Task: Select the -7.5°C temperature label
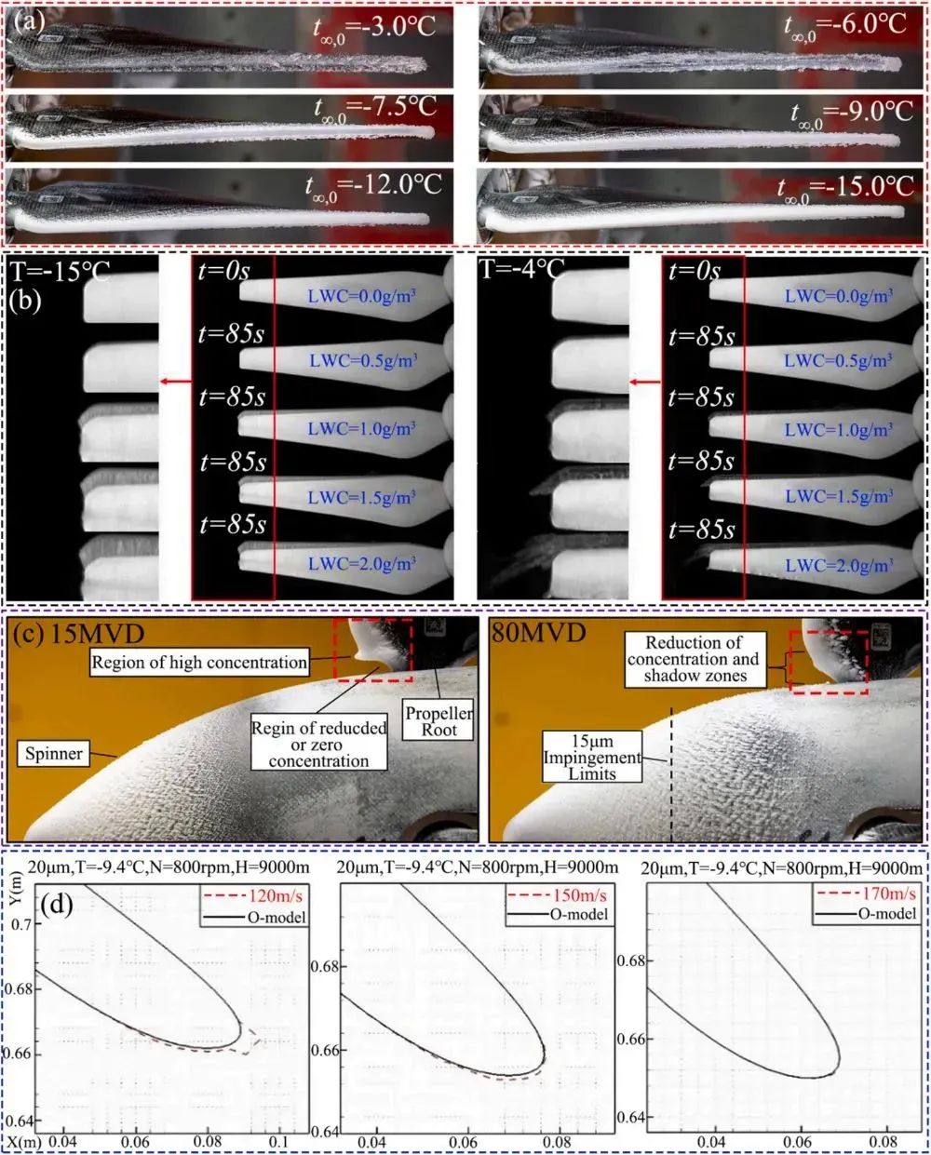pyautogui.click(x=376, y=110)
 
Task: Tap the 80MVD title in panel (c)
pyautogui.click(x=538, y=634)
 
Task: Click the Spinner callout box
pyautogui.click(x=54, y=754)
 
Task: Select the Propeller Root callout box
pyautogui.click(x=439, y=720)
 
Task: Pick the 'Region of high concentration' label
pyautogui.click(x=199, y=663)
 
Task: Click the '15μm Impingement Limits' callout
pyautogui.click(x=592, y=758)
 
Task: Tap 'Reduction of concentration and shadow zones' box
pyautogui.click(x=695, y=659)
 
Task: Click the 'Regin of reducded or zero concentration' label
pyautogui.click(x=319, y=745)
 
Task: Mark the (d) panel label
pyautogui.click(x=57, y=905)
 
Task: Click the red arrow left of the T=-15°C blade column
pyautogui.click(x=176, y=382)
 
